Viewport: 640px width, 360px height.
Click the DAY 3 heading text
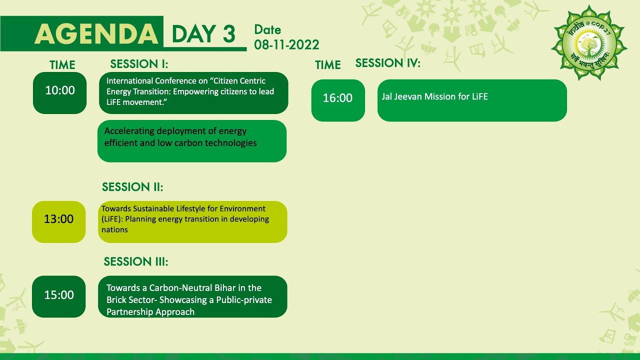[x=203, y=34]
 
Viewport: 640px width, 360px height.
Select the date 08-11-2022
[x=286, y=44]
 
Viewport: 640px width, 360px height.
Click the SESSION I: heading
[x=139, y=64]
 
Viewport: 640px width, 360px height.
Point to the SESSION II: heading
[x=132, y=187]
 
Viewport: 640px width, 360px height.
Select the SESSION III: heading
[x=135, y=262]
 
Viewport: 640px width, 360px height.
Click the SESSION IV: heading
[x=387, y=63]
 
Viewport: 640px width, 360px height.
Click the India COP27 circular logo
[x=589, y=43]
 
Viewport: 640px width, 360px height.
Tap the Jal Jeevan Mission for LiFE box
[x=472, y=100]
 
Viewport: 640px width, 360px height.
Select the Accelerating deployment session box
[x=192, y=141]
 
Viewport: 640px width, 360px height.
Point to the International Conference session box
[x=193, y=92]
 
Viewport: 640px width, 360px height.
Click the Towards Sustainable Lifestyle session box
[x=192, y=221]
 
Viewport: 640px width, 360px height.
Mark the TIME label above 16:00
[x=327, y=65]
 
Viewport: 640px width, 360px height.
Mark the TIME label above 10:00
[x=62, y=65]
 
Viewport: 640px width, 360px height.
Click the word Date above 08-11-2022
[x=267, y=30]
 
